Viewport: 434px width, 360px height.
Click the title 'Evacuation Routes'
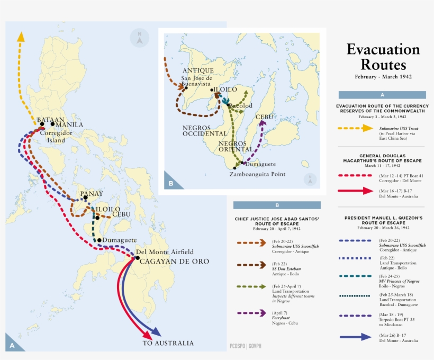[383, 57]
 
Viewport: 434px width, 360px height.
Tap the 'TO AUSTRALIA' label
[168, 343]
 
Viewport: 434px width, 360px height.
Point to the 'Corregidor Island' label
[52, 137]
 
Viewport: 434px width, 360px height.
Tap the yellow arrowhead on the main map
[21, 37]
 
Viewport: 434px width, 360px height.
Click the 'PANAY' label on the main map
[92, 194]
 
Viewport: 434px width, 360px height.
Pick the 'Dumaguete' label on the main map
[120, 240]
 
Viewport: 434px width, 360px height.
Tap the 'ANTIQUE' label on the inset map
[198, 70]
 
